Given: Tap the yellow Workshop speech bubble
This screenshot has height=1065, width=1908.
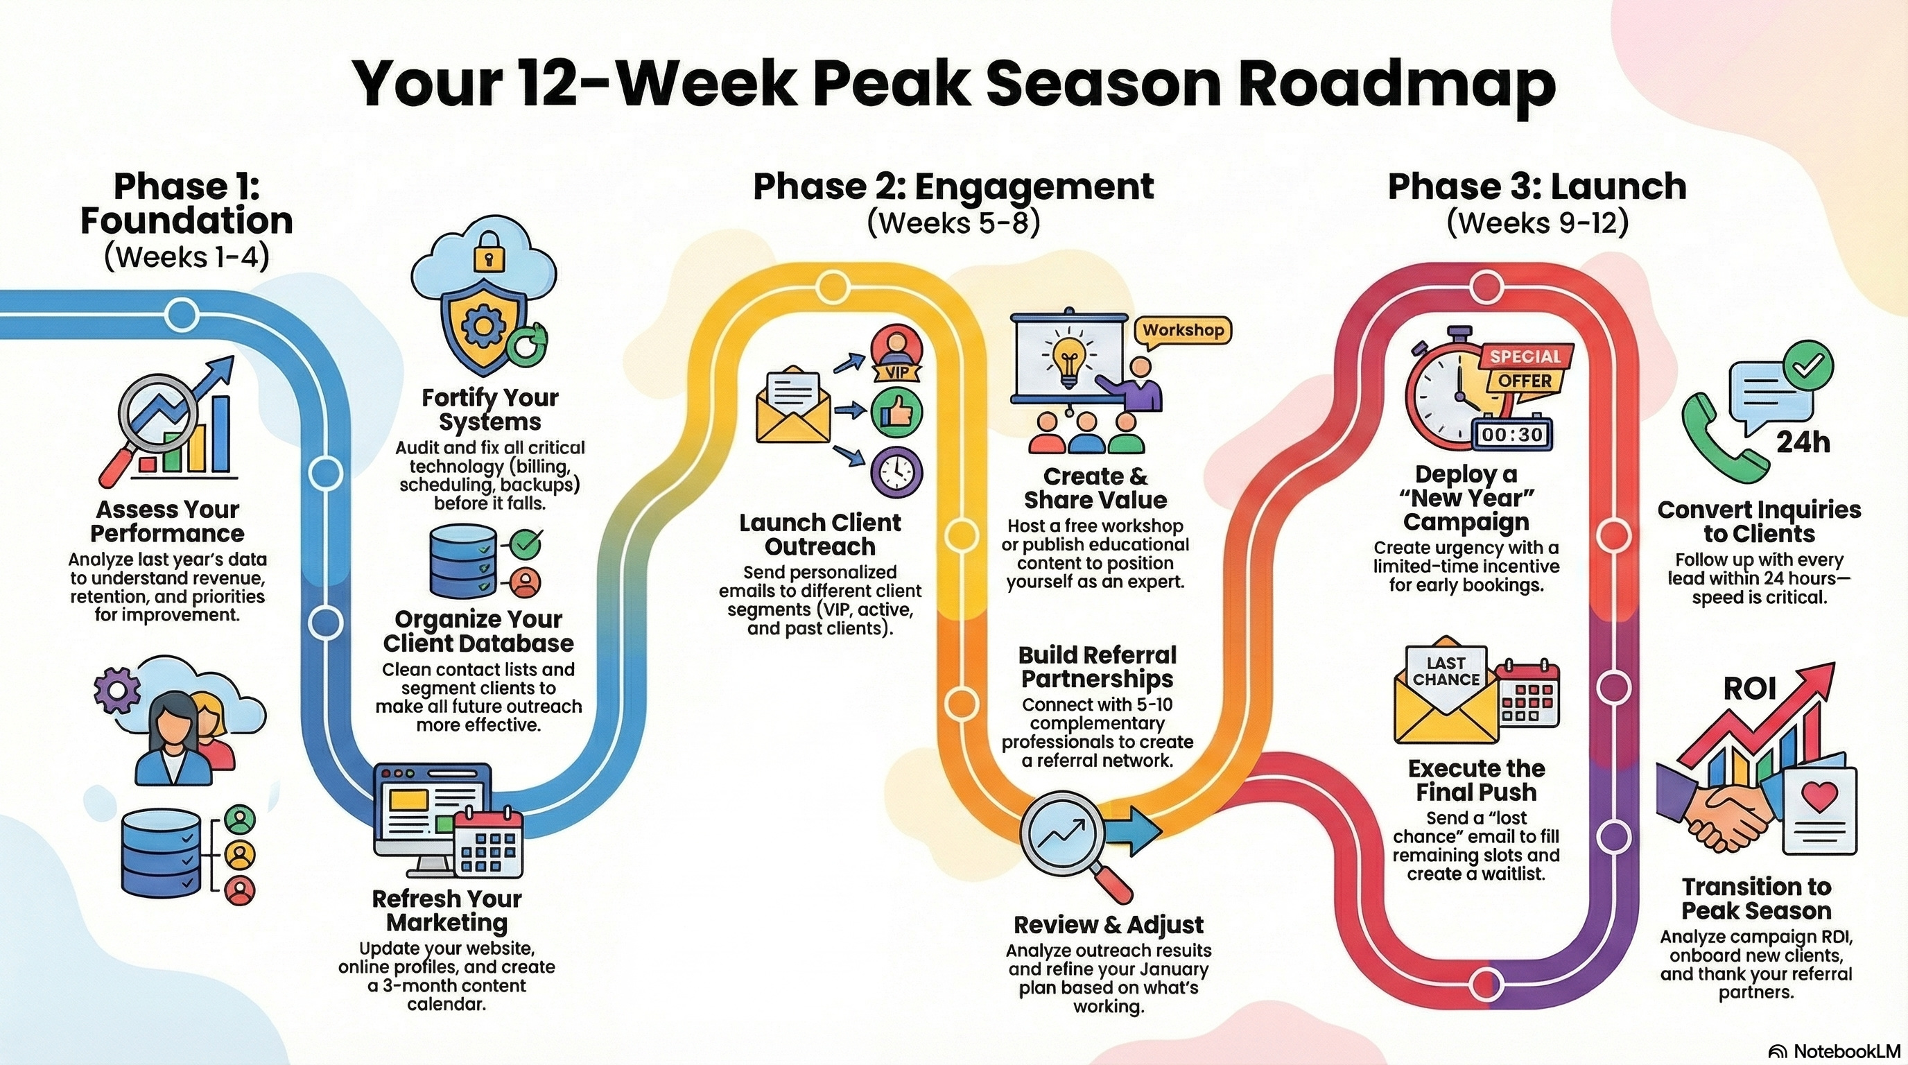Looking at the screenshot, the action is coord(1182,331).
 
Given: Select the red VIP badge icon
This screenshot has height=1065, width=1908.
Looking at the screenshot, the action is coord(896,354).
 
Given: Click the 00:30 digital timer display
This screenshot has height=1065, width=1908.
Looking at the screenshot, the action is coord(1510,435).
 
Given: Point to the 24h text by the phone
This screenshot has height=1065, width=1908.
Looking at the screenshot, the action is coord(1803,443).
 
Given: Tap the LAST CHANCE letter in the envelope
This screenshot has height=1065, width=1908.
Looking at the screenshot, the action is coord(1446,671).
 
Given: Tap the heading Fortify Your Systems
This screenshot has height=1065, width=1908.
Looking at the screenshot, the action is coord(489,410).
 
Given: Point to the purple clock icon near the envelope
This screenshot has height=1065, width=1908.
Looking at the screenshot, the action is coord(896,470).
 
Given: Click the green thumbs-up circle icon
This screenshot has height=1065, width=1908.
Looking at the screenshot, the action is coord(896,413).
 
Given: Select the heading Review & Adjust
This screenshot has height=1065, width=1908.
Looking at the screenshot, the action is coord(1108,925).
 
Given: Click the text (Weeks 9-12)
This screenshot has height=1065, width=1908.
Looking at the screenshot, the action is coord(1538,223).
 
